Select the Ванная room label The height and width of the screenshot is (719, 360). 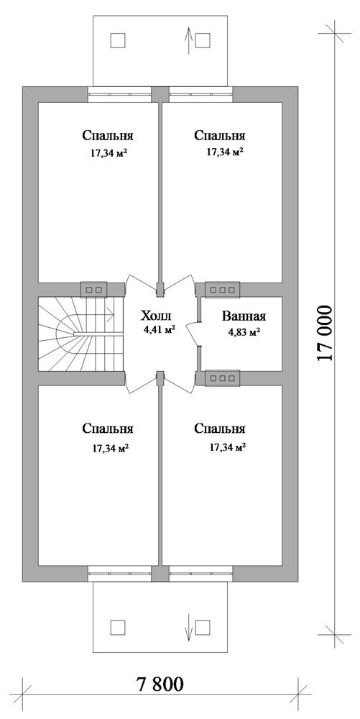tap(244, 316)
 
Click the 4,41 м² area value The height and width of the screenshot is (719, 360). tap(160, 331)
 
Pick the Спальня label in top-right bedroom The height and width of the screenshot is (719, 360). tap(220, 135)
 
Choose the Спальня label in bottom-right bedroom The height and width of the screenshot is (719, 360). tap(220, 429)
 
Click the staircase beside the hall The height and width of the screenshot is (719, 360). tap(75, 335)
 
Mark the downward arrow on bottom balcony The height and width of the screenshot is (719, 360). tap(188, 626)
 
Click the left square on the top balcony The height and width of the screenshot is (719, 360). tap(117, 40)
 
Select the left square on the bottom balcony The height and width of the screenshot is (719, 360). tap(117, 627)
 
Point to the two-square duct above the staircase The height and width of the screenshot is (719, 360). tap(93, 290)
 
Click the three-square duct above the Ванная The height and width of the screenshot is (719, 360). tap(223, 290)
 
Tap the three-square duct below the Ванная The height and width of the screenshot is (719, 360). tap(223, 377)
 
